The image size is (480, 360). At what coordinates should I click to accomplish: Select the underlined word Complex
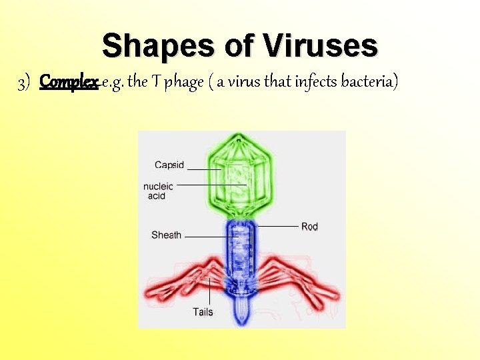point(69,82)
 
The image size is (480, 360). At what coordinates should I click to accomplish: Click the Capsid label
point(169,165)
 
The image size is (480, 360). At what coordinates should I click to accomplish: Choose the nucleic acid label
point(158,191)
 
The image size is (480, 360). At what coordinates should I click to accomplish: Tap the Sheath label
point(166,235)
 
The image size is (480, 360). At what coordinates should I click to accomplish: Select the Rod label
point(309,227)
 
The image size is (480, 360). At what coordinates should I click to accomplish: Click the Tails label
point(203,311)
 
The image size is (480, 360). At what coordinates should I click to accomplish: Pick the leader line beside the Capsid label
point(205,169)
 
